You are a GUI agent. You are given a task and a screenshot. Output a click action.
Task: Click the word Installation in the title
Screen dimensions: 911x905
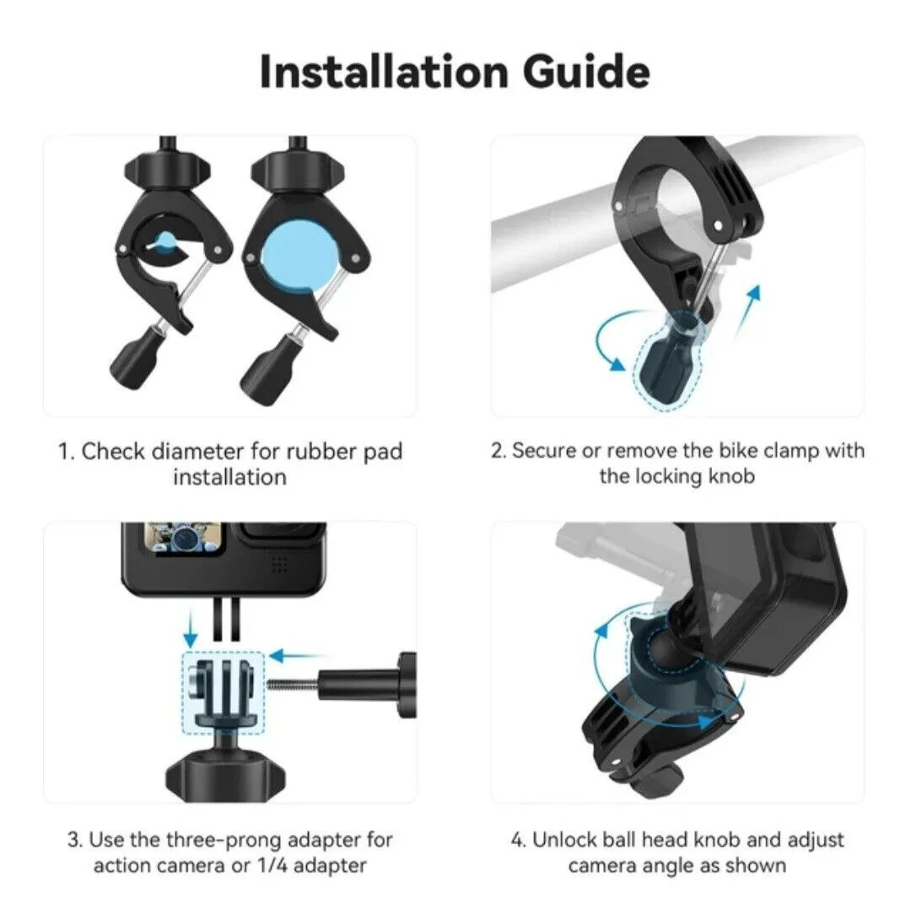384,72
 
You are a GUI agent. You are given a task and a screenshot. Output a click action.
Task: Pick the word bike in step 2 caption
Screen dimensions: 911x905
738,450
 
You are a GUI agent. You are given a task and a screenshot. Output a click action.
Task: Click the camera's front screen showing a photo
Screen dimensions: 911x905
184,538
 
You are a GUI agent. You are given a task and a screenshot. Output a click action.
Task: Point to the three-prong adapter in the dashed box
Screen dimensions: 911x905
223,692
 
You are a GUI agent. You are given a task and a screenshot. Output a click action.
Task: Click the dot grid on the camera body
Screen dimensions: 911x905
280,564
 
